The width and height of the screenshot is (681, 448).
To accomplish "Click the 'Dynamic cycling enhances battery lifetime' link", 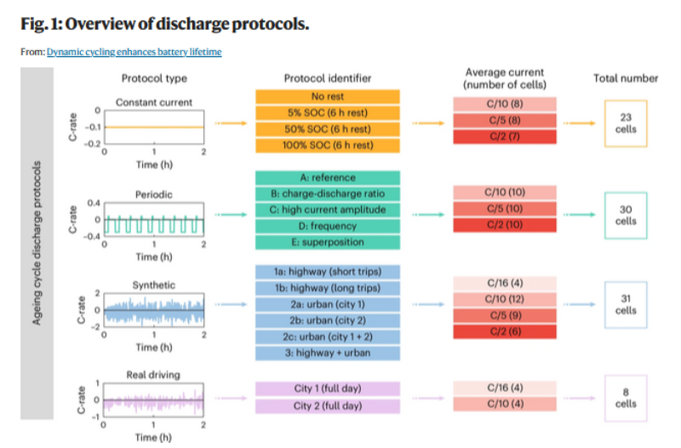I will [134, 52].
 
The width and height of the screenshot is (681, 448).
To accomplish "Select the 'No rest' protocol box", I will [328, 96].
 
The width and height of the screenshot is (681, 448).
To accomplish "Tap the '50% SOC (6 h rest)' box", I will [328, 129].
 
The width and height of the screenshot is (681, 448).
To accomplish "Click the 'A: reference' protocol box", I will [328, 178].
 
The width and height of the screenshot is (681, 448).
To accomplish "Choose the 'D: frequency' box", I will [328, 226].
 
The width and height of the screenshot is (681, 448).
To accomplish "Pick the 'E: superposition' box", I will [328, 242].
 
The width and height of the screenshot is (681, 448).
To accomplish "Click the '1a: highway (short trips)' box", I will [328, 273].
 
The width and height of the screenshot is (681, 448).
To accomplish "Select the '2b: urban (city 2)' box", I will [328, 321].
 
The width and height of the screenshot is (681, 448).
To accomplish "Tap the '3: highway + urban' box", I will [328, 353].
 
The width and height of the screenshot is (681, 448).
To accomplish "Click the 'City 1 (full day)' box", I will [328, 389].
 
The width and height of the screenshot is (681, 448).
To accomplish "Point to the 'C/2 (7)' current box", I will [505, 137].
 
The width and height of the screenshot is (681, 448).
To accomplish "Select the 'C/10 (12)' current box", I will [505, 299].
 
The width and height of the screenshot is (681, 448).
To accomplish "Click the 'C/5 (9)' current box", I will [505, 315].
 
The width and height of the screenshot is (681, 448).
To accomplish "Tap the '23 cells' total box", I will [626, 123].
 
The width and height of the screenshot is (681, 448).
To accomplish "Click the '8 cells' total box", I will [626, 398].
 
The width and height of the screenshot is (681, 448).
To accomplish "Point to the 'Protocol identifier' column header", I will [328, 78].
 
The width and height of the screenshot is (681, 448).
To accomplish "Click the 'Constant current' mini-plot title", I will [154, 102].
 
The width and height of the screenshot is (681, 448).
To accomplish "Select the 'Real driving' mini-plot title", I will [154, 374].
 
